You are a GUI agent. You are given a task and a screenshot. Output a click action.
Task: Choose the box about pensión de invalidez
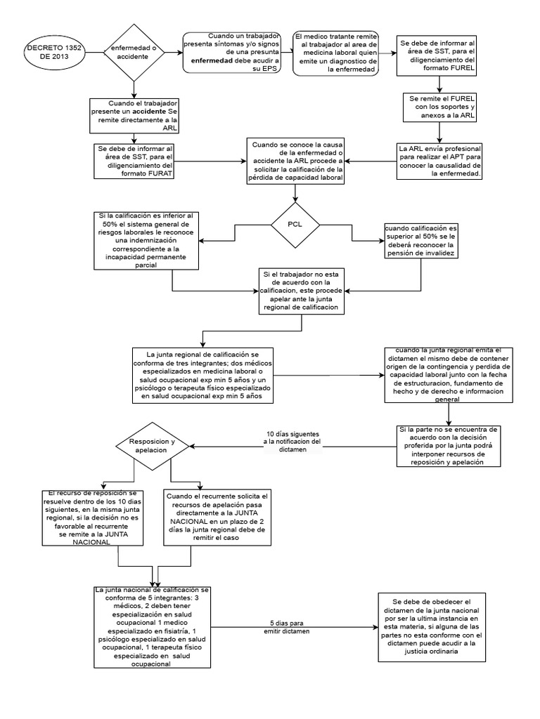tap(420, 241)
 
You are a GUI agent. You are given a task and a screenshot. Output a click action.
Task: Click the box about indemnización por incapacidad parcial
tap(148, 239)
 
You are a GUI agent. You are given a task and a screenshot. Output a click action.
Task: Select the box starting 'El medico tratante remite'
tap(336, 54)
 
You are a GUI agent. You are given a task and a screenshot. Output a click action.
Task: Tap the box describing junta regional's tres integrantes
tap(202, 376)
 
